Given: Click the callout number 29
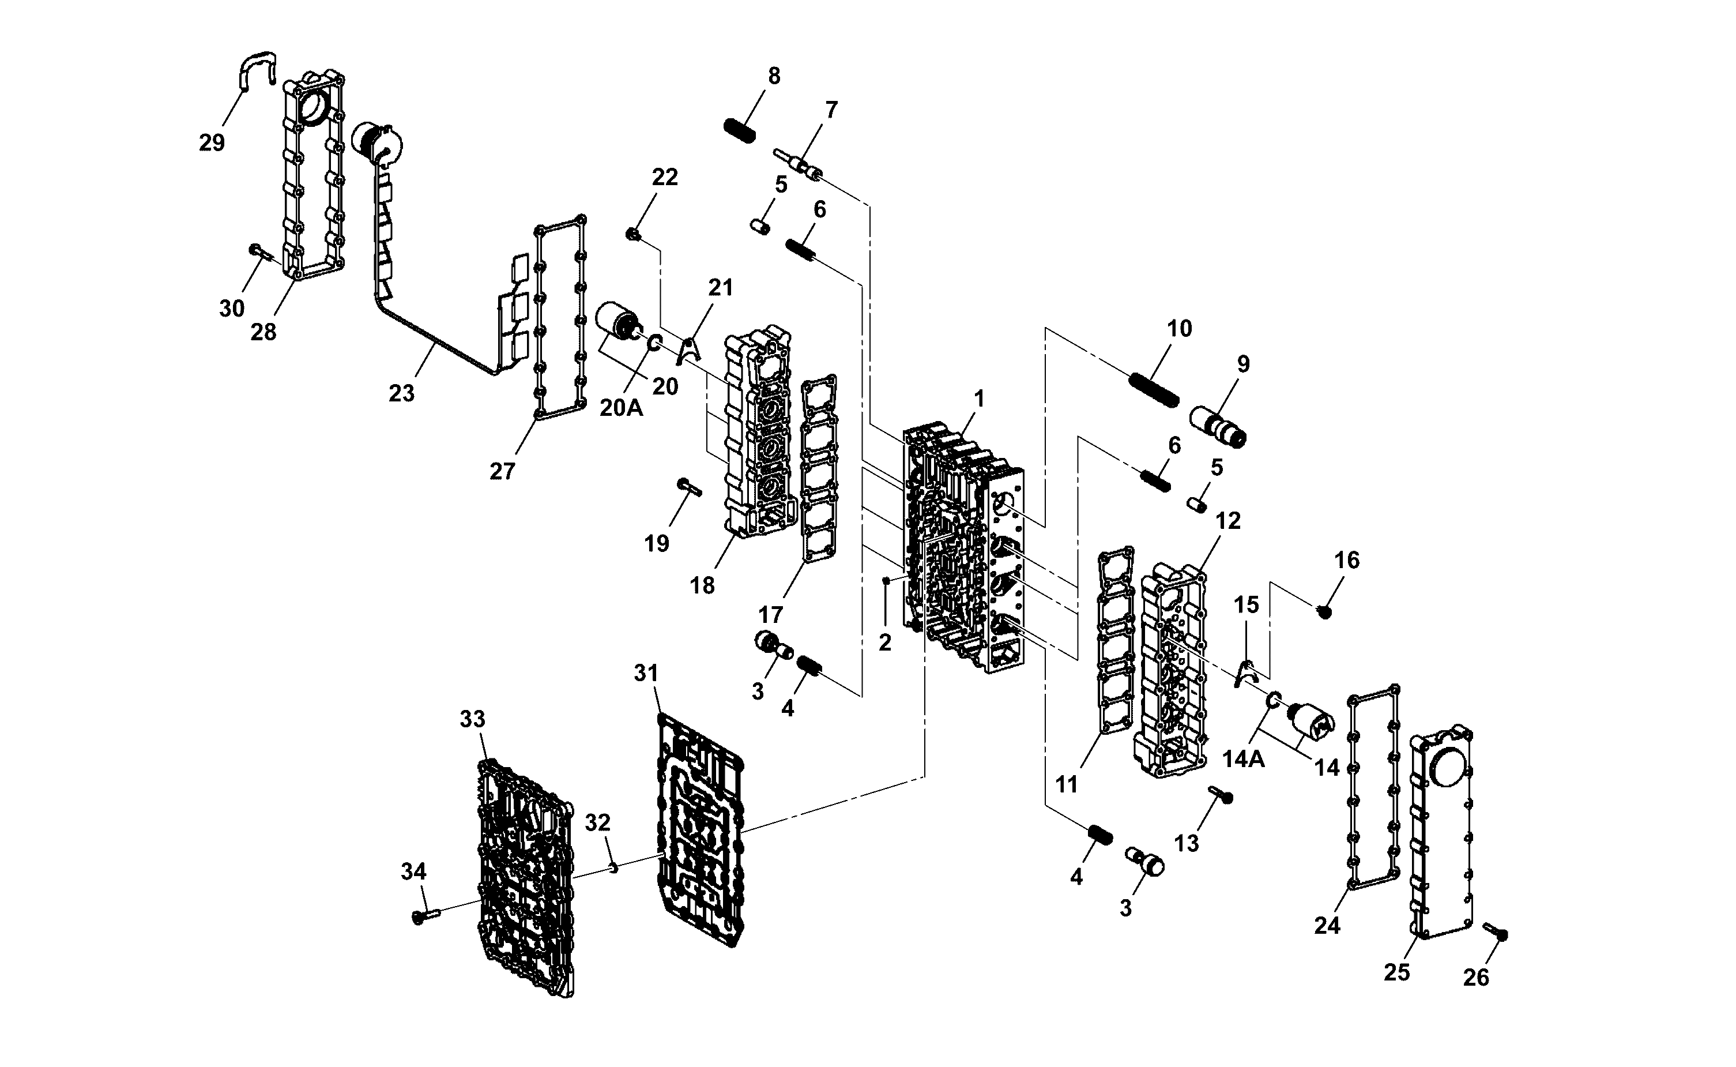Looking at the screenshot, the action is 212,142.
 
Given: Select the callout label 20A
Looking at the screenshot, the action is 622,408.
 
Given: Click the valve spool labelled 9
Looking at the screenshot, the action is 1218,426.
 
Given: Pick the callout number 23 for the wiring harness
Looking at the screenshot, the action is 401,393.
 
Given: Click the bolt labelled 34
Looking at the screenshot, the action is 425,916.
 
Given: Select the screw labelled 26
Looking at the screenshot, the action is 1496,931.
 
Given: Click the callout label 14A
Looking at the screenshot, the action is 1244,760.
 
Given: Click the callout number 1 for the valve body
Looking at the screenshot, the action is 978,400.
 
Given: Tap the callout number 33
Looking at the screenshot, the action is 473,719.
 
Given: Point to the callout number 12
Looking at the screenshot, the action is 1228,521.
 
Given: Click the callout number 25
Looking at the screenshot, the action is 1397,972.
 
